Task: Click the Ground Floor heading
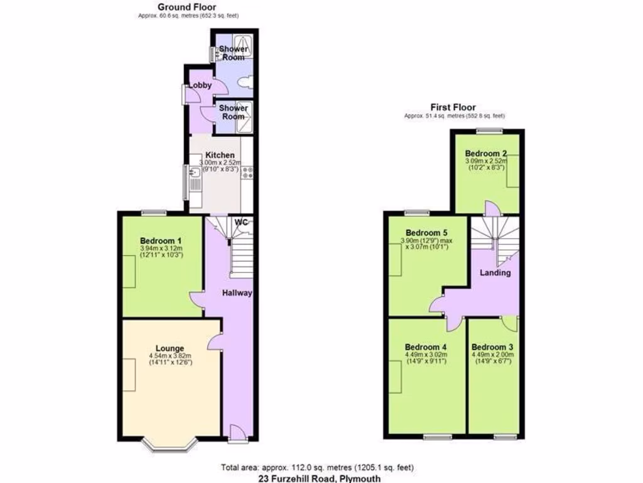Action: tap(187, 7)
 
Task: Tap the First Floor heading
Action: tap(452, 108)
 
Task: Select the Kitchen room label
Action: tap(220, 155)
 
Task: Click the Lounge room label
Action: tap(170, 348)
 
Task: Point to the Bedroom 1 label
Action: tap(161, 240)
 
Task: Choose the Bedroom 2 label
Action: tap(486, 153)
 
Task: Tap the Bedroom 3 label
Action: tap(492, 347)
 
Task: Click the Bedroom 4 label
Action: tap(426, 347)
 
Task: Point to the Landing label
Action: tap(495, 273)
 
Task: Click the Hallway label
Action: tap(237, 292)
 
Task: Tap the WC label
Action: tap(241, 222)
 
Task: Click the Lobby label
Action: tap(200, 86)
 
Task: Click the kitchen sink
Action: tap(195, 173)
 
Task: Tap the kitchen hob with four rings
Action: tap(246, 174)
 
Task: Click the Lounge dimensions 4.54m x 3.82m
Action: tap(170, 356)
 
